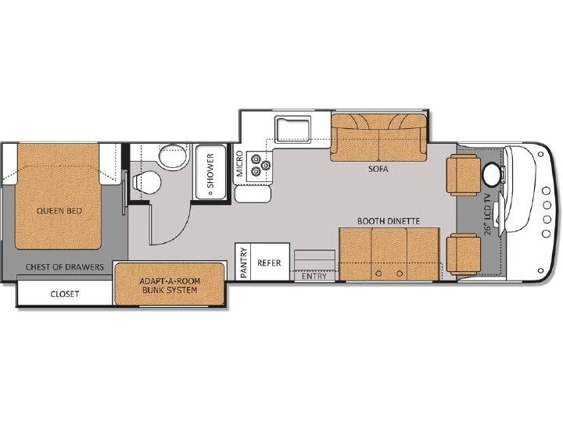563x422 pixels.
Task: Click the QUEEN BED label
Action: (59, 211)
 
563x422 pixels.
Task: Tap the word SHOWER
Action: (210, 170)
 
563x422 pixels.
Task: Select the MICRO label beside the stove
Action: (239, 163)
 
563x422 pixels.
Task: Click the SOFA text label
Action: (378, 169)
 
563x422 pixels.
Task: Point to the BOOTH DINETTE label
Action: (389, 221)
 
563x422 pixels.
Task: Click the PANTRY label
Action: (243, 263)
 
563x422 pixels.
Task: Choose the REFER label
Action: (269, 263)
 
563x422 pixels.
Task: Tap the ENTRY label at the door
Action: (314, 276)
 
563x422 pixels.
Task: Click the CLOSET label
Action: (65, 294)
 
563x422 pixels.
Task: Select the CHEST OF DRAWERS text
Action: (65, 267)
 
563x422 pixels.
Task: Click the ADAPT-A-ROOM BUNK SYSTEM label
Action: (170, 285)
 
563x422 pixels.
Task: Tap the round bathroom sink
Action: (174, 156)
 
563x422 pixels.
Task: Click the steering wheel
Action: (492, 174)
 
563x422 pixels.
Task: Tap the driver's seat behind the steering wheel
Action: (463, 175)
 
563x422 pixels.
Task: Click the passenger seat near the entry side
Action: (463, 254)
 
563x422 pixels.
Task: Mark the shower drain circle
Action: (210, 193)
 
